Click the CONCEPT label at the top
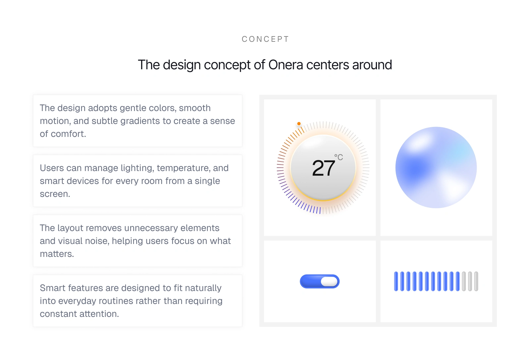(265, 39)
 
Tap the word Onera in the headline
(286, 65)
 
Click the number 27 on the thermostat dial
(323, 168)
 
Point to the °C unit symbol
(339, 157)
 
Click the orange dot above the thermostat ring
(299, 124)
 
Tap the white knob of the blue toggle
(329, 281)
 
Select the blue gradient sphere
(436, 167)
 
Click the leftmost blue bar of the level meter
(396, 281)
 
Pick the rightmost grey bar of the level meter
(476, 281)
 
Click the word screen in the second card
(55, 194)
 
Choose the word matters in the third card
(57, 254)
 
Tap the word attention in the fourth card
(99, 314)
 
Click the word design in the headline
(182, 65)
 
